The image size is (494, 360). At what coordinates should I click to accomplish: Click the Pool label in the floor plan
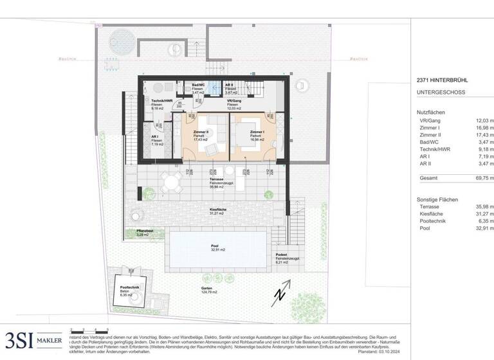214,246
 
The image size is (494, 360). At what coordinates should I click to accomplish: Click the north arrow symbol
280,294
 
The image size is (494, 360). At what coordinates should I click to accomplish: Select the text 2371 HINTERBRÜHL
442,80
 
